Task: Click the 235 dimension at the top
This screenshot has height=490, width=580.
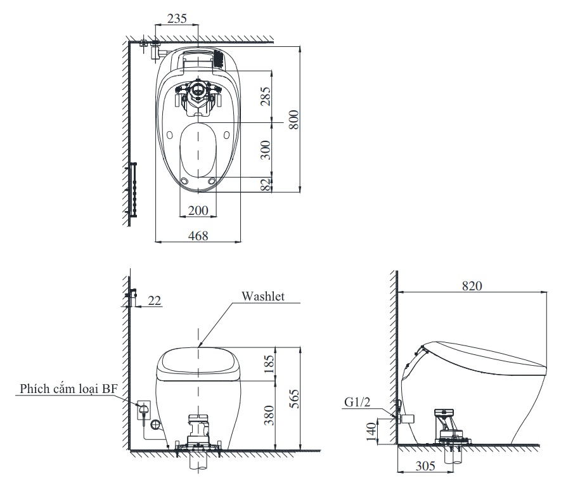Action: pos(177,19)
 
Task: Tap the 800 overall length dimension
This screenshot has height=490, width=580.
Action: pos(293,118)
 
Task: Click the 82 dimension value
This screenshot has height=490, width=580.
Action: pos(266,184)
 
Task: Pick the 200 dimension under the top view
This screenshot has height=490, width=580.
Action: pos(198,210)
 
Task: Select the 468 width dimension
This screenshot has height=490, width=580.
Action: pos(198,236)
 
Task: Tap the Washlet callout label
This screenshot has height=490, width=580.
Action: pos(262,296)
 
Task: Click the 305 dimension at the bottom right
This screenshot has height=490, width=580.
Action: pos(425,467)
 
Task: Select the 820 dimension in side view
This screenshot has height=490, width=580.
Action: pos(472,286)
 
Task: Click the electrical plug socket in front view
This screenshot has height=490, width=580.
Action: pos(143,410)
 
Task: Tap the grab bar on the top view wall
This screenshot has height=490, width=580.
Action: pos(134,188)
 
